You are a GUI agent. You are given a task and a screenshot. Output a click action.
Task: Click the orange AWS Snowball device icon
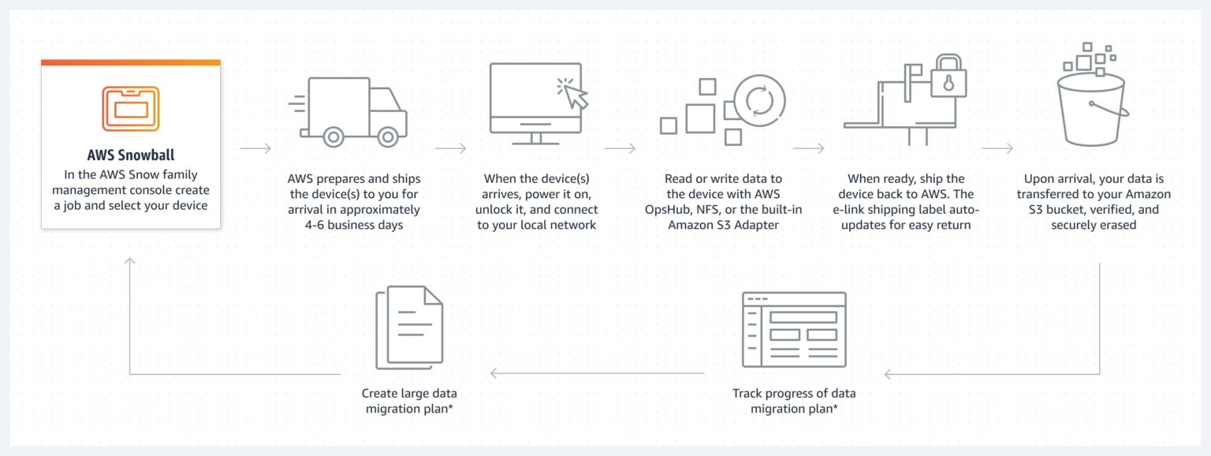tap(130, 108)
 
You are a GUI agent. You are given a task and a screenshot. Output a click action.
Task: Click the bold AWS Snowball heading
tap(130, 155)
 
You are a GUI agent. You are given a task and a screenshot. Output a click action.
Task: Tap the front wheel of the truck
tap(387, 136)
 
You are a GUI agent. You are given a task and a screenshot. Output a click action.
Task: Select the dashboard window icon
tap(793, 329)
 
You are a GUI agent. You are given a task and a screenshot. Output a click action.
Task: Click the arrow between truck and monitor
tap(450, 148)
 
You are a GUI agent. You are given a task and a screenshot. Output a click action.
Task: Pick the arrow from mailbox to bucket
tap(997, 148)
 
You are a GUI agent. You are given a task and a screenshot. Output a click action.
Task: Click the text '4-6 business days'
tap(353, 225)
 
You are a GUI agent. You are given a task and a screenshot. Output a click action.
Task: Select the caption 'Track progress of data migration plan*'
tap(793, 401)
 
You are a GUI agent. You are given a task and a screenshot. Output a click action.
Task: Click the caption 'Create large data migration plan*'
tap(409, 401)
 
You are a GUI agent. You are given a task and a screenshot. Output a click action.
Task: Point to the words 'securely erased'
tap(1094, 225)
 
